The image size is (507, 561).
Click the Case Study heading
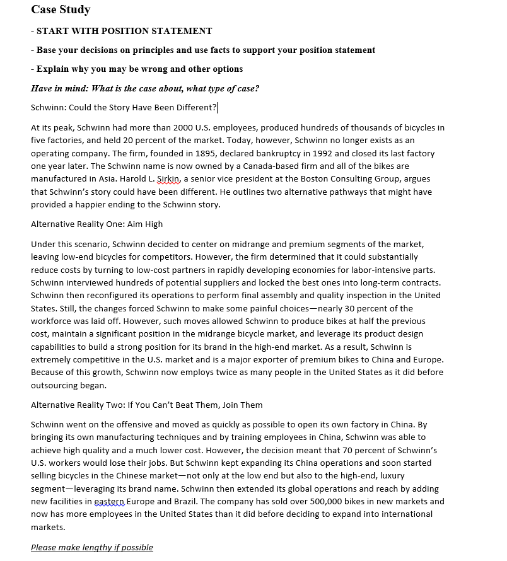tap(61, 9)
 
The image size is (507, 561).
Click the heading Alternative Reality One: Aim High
tap(96, 224)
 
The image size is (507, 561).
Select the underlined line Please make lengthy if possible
tap(92, 547)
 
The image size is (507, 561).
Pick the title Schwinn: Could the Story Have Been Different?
tap(124, 107)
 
